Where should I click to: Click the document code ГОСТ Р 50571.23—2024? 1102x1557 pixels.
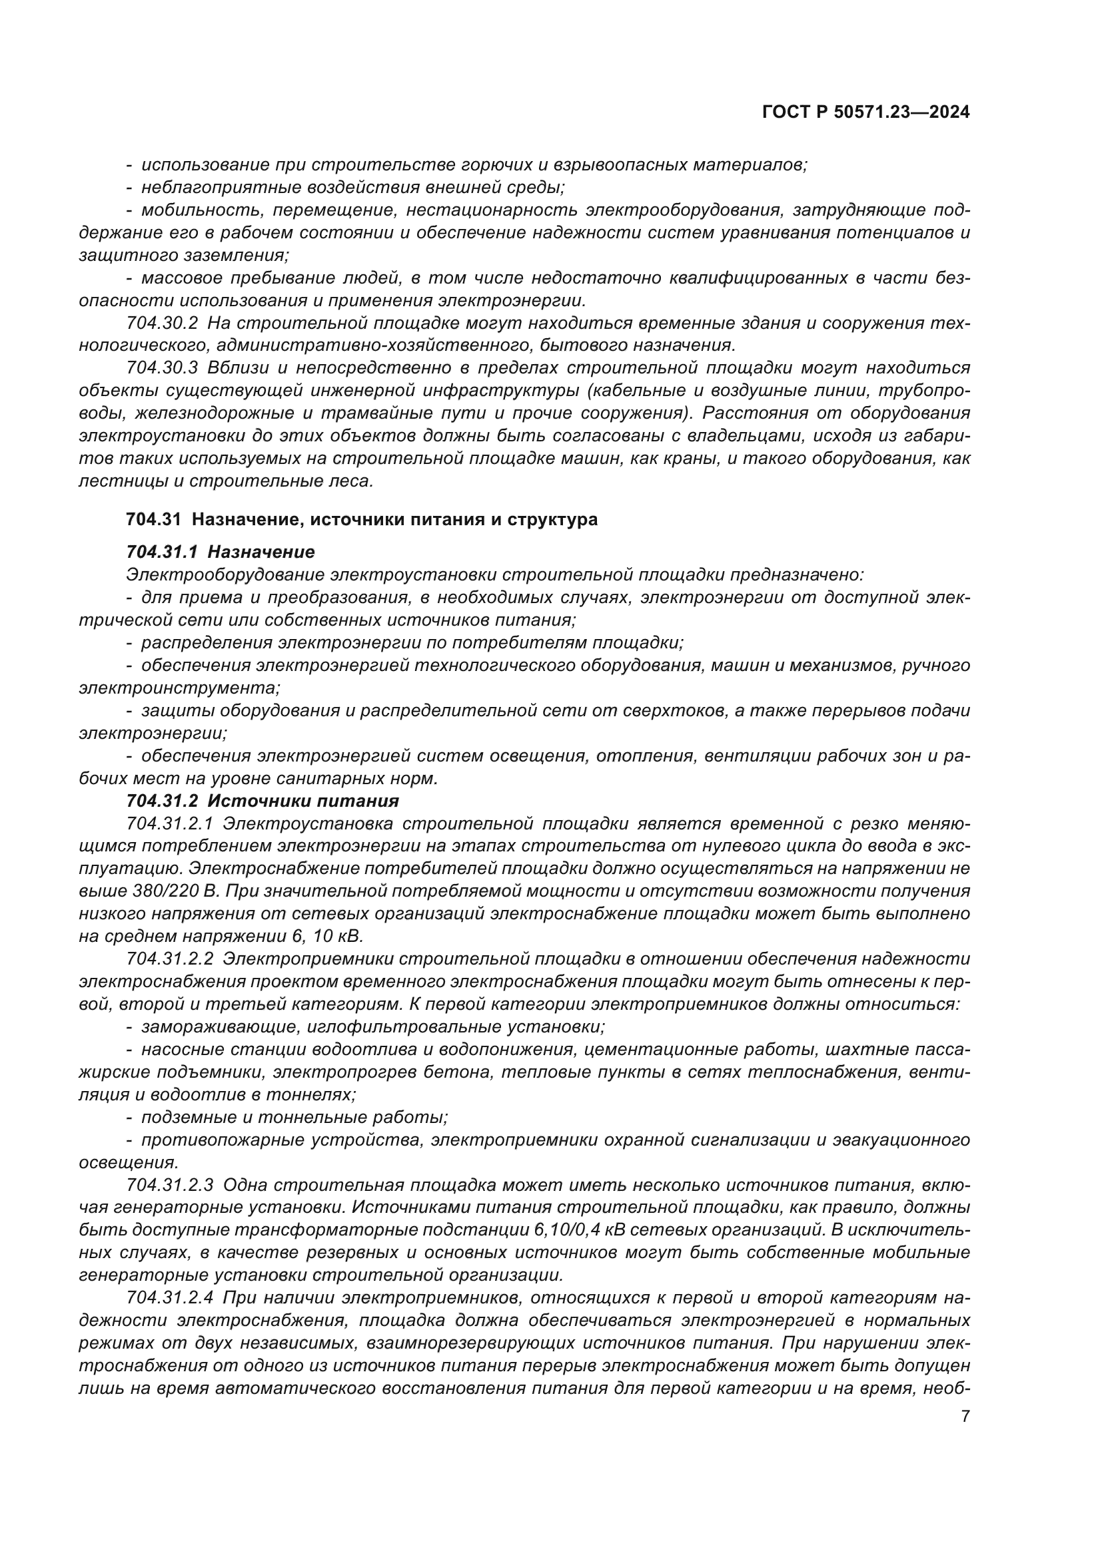(x=865, y=112)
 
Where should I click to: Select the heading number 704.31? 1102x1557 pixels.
(x=153, y=520)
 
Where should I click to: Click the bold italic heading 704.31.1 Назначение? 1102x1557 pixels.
(x=221, y=552)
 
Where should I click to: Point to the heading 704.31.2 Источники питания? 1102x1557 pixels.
(x=263, y=801)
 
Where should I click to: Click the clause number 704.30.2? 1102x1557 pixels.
(x=161, y=323)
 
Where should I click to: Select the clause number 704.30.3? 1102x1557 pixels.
(x=161, y=368)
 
